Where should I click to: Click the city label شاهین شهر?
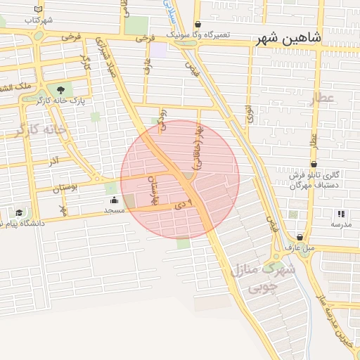[289, 39]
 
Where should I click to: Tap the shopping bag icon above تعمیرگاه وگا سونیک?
[198, 24]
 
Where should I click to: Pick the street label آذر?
[53, 161]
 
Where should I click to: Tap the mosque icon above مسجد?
[114, 200]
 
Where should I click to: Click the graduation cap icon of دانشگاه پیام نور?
[19, 212]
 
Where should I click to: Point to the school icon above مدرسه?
[341, 214]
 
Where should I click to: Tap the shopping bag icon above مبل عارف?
[300, 238]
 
